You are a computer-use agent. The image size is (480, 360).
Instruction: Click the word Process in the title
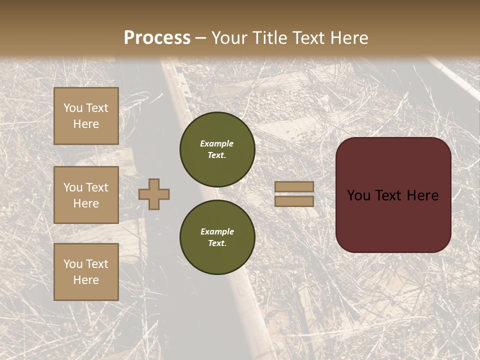(157, 38)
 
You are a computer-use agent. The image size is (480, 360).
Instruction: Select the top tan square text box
(86, 116)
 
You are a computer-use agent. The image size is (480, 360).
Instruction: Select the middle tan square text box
(86, 195)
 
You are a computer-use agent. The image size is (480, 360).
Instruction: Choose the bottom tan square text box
(86, 272)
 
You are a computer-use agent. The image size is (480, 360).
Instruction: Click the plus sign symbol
(154, 194)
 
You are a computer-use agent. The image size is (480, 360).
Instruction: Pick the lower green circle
(217, 237)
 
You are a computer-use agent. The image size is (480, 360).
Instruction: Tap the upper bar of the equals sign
(294, 186)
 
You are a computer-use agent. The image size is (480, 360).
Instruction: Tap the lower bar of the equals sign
(294, 201)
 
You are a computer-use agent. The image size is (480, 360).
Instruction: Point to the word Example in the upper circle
(217, 143)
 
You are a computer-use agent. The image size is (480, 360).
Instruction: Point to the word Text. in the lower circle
(217, 243)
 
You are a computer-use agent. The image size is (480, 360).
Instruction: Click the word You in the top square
(73, 108)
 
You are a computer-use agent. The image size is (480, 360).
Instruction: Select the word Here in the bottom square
(86, 280)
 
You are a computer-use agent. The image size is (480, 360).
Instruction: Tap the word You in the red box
(358, 195)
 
